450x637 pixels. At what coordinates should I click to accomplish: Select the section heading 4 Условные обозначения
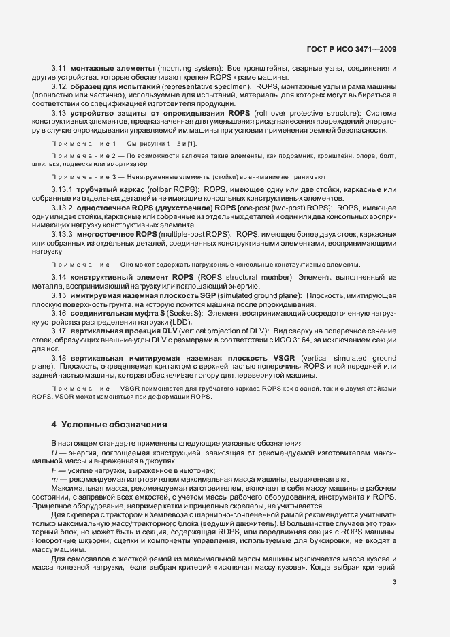(x=108, y=425)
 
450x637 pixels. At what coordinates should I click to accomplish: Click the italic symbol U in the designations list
(x=54, y=453)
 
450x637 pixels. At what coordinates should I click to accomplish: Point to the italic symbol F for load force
(x=54, y=471)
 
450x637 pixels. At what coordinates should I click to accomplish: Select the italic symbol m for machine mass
(x=54, y=480)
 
